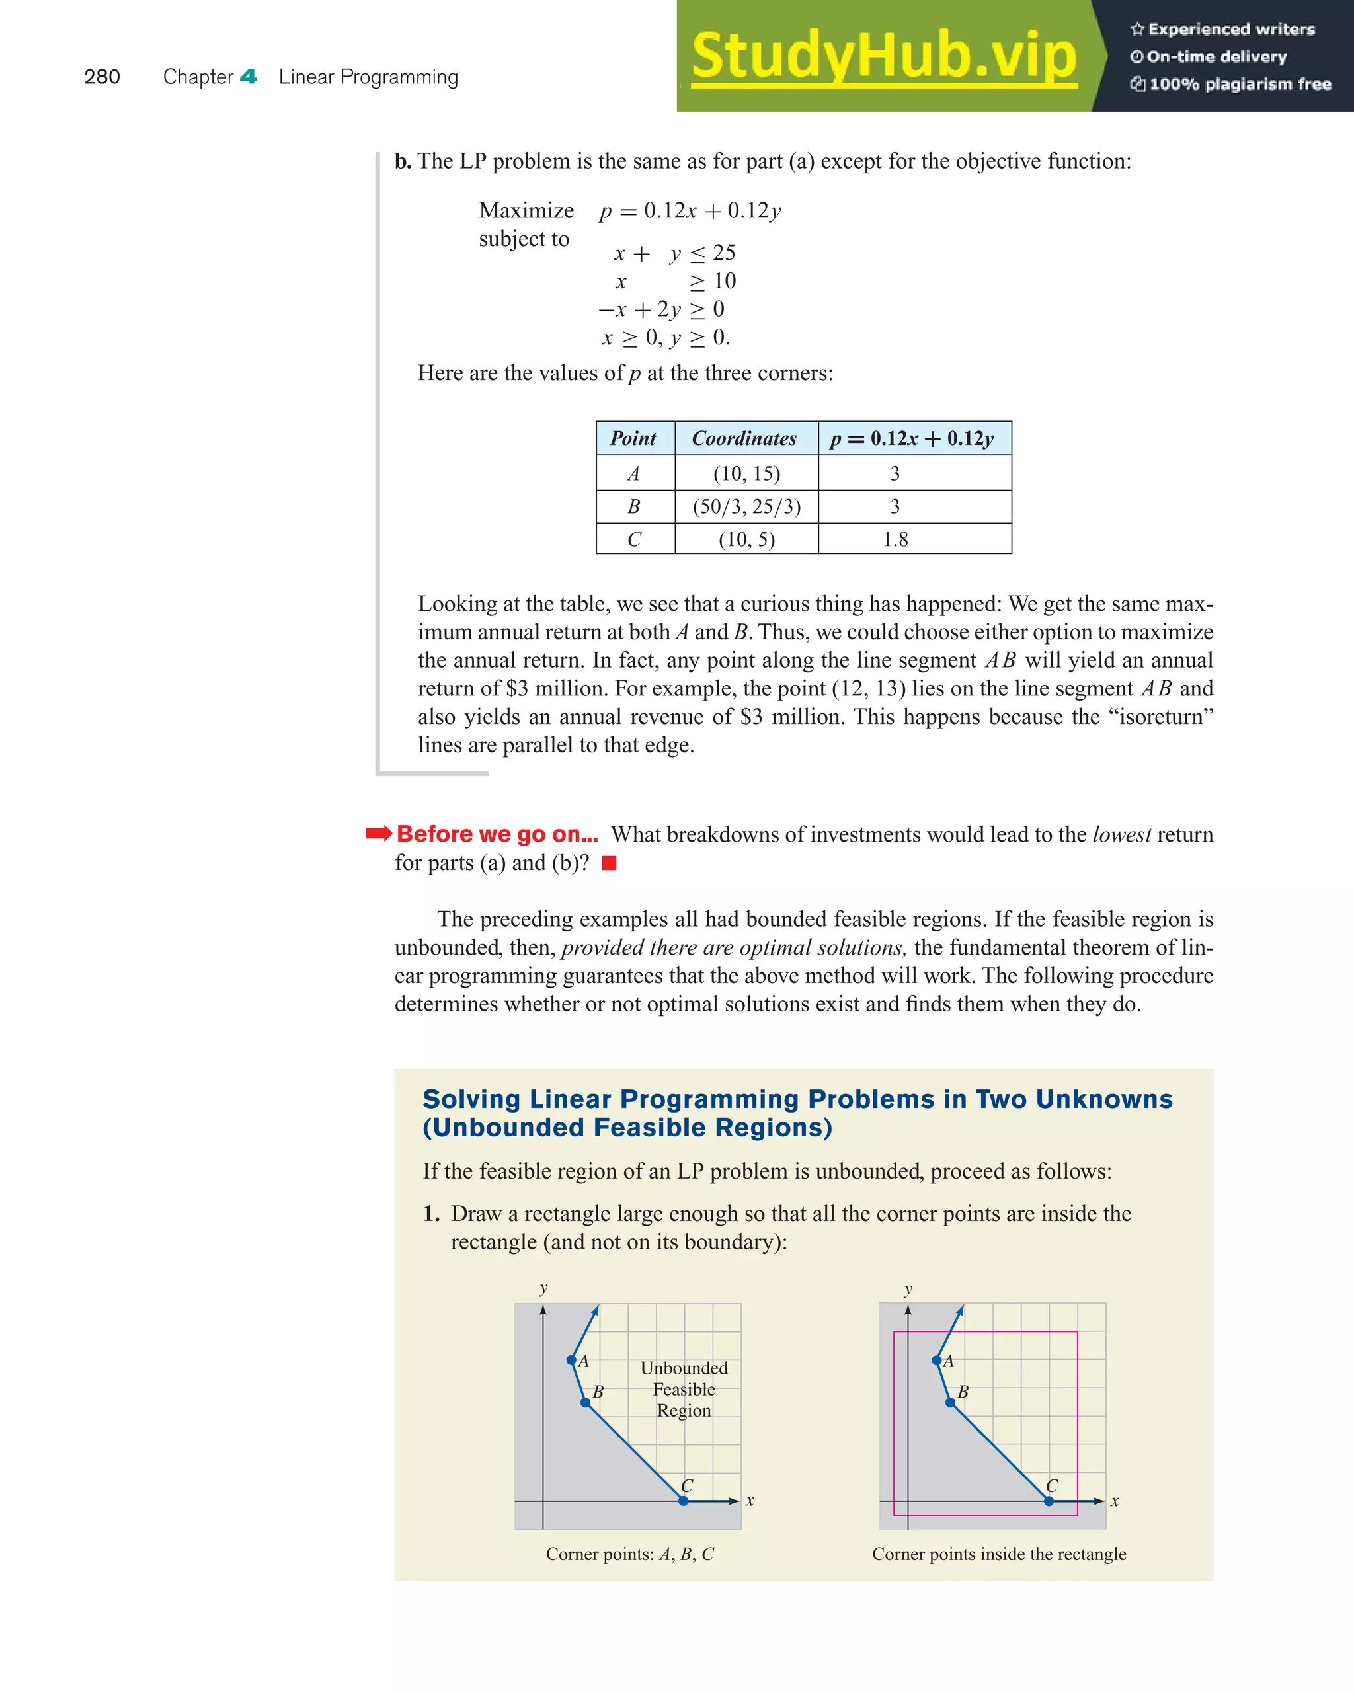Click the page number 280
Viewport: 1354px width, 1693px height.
coord(102,77)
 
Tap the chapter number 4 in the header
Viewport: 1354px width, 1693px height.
coord(248,77)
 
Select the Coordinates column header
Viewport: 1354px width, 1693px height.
coord(744,438)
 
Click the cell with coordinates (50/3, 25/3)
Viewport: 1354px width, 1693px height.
coord(746,506)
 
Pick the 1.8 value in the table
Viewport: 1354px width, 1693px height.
coord(895,539)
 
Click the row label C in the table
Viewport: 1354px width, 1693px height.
coord(634,539)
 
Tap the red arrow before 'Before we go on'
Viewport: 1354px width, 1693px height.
coord(379,833)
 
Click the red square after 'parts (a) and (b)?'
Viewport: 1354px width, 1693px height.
coord(609,863)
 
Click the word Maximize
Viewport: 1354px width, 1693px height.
coord(526,210)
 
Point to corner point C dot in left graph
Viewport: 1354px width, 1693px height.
coord(684,1501)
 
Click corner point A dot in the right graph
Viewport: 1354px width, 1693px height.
coord(936,1360)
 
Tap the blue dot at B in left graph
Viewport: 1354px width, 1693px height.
coord(585,1402)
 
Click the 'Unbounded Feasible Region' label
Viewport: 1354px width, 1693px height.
coord(684,1389)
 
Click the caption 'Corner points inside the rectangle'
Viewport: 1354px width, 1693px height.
coord(998,1554)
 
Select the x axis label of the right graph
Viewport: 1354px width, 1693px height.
coord(1115,1501)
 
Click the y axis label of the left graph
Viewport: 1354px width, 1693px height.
coord(543,1288)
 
